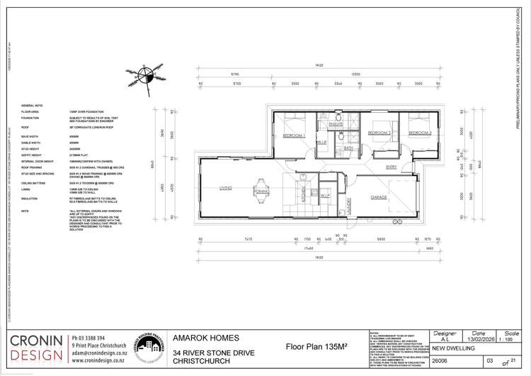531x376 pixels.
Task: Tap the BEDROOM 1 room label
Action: [x=293, y=135]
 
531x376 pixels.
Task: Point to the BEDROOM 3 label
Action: [x=421, y=133]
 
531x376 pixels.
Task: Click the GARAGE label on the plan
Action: [x=379, y=198]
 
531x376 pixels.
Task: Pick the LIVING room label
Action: [x=227, y=188]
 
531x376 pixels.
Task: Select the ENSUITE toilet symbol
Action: [x=339, y=116]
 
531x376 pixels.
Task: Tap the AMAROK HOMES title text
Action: [x=207, y=338]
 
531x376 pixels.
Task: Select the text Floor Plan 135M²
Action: [x=317, y=348]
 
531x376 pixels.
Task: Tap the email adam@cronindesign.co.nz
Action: [x=98, y=353]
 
